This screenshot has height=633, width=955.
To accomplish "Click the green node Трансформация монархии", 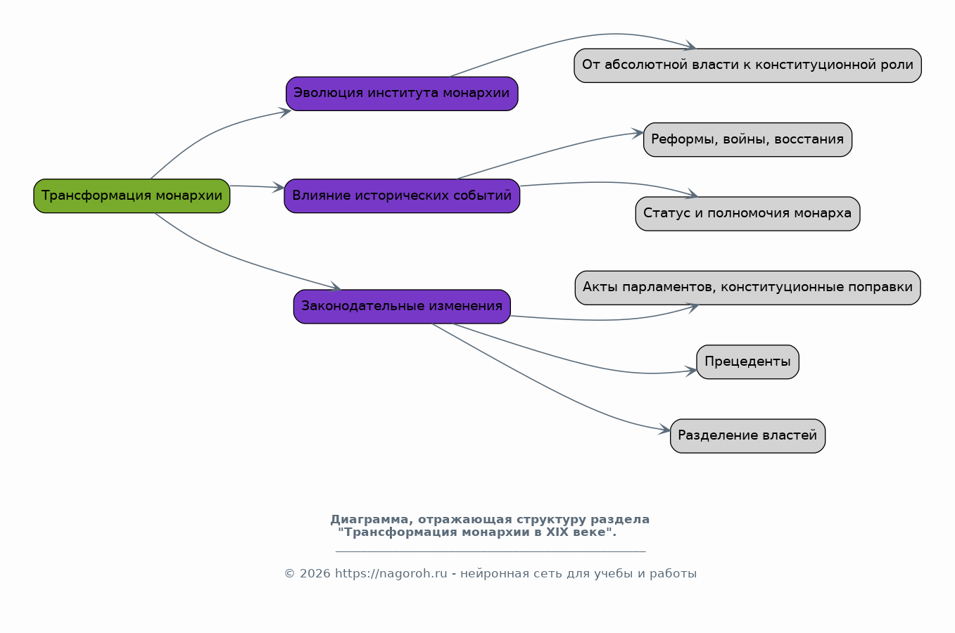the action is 132,196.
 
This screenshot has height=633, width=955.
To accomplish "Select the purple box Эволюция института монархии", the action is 402,94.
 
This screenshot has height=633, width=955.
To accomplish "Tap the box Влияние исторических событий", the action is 402,196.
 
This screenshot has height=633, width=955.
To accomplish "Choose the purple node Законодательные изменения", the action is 402,307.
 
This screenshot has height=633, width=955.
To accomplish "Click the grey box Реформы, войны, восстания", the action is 748,140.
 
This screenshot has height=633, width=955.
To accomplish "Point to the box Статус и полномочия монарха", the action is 748,214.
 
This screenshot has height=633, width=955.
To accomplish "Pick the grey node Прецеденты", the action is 748,362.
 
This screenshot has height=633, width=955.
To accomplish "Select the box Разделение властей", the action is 748,436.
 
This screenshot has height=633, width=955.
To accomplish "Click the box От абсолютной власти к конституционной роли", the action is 748,65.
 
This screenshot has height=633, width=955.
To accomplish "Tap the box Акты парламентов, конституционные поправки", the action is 748,288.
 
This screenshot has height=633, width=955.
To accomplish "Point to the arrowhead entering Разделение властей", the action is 665,429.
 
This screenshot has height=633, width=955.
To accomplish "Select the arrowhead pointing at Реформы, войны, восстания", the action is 638,133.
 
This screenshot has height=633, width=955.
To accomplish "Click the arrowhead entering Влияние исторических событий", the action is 279,187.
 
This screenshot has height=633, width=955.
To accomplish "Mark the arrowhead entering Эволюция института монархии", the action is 286,113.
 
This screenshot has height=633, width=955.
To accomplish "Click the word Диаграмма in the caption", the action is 369,520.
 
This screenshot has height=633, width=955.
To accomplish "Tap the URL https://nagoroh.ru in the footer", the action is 391,574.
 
